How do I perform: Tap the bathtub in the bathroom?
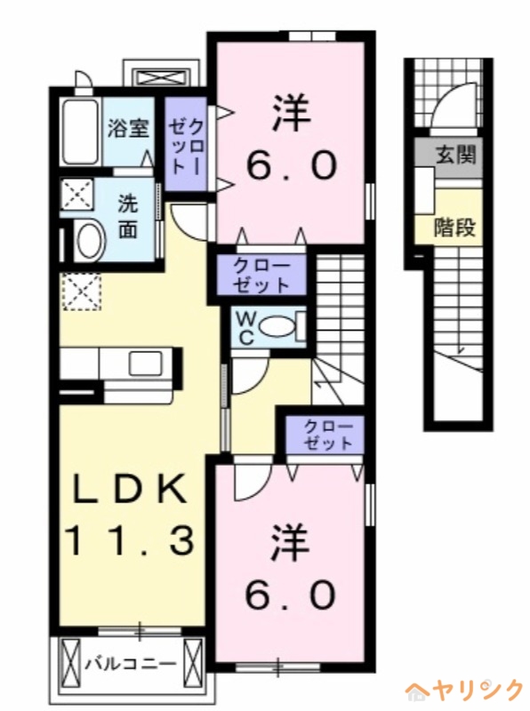81,132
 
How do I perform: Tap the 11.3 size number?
128,539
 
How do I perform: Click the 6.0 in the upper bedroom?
291,165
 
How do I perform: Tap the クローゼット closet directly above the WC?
261,275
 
